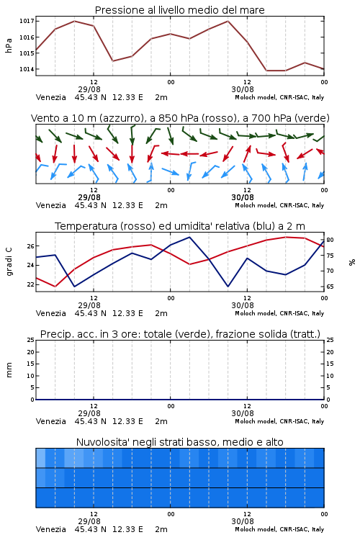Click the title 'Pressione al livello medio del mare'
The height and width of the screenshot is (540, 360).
click(179, 10)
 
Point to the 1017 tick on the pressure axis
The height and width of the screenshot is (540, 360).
click(27, 21)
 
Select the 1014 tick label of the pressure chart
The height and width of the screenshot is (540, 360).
click(27, 69)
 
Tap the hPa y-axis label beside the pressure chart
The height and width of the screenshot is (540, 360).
click(9, 45)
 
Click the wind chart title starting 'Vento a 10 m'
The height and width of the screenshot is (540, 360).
click(180, 118)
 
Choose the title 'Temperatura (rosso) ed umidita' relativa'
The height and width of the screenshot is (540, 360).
click(180, 226)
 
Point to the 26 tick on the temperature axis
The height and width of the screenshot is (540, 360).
click(30, 246)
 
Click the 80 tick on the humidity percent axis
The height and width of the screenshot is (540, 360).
click(330, 240)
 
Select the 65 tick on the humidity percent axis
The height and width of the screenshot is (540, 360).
click(330, 287)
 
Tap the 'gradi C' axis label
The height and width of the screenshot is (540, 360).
click(9, 262)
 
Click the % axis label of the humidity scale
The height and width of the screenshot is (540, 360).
click(352, 262)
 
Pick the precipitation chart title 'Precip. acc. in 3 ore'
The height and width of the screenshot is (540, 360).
click(180, 334)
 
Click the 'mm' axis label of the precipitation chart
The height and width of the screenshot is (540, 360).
click(9, 370)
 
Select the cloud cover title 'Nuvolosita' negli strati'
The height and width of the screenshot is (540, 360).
click(179, 442)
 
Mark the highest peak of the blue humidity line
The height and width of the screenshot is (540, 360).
click(189, 237)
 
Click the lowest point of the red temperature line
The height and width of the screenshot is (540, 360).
click(55, 287)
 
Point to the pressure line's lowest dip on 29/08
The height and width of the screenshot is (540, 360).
click(113, 61)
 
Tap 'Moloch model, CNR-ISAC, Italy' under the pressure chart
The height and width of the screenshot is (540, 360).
click(279, 97)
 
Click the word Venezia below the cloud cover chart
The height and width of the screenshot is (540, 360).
click(50, 529)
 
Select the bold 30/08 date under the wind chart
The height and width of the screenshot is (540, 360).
click(243, 197)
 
